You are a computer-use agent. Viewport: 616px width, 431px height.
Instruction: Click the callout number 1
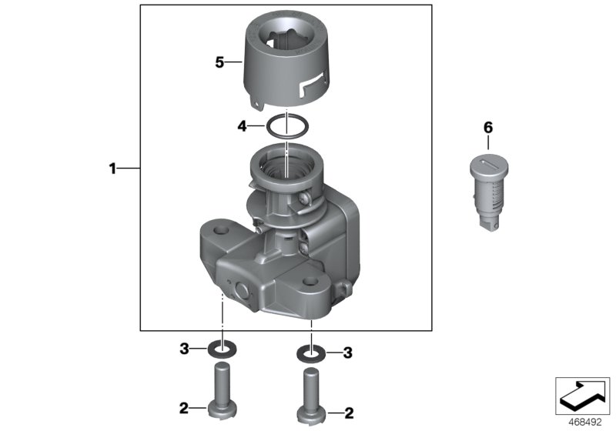[112, 168]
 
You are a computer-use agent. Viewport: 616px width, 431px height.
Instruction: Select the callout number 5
[219, 62]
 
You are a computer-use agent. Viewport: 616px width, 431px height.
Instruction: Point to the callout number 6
[487, 127]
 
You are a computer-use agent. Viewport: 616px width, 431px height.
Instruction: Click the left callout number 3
[184, 349]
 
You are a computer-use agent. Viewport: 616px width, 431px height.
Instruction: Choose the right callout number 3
[347, 353]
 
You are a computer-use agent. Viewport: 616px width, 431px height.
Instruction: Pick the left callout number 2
[184, 408]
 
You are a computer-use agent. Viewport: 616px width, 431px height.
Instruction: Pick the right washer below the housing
[310, 353]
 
